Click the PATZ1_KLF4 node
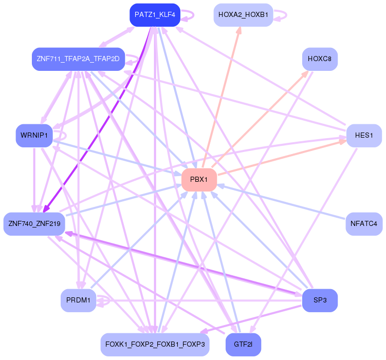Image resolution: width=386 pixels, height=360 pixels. [155, 15]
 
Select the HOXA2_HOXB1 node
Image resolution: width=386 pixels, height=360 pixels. [243, 15]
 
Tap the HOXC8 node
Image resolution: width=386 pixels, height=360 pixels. [320, 59]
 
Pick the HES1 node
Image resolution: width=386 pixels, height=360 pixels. [364, 136]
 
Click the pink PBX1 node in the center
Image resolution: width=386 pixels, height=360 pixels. [199, 180]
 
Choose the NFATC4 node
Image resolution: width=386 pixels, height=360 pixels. [364, 224]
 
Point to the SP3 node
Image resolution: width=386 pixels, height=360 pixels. [320, 300]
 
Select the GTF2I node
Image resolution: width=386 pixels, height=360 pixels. [243, 345]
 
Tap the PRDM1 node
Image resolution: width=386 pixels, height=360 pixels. [78, 300]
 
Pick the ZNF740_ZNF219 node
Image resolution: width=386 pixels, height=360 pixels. [34, 224]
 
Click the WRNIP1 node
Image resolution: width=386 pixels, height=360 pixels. [34, 136]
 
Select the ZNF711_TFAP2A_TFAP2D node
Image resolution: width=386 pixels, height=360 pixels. [78, 59]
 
